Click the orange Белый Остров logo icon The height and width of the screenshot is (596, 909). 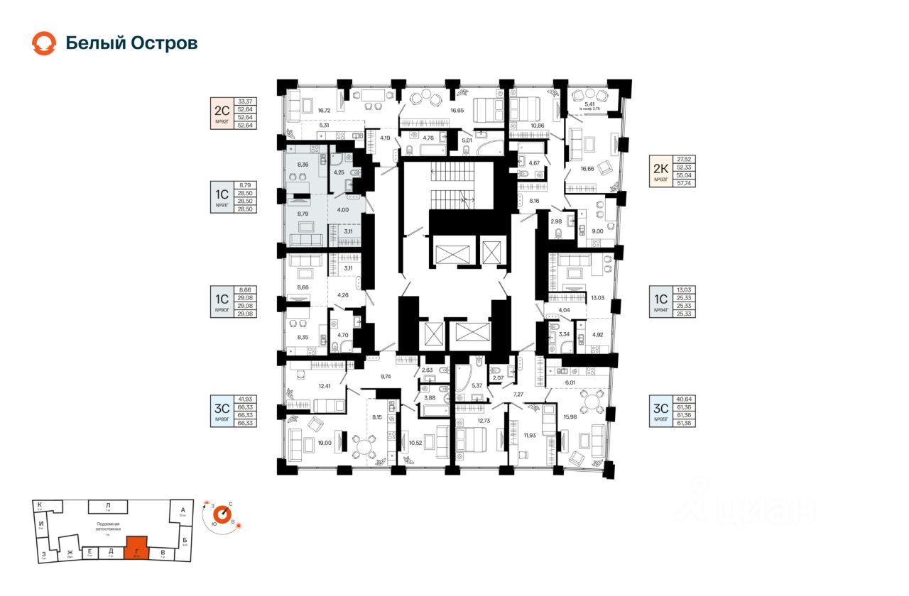43,43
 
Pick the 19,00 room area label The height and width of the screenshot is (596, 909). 325,443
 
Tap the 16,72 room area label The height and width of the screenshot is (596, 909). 325,110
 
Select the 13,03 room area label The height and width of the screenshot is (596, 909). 597,299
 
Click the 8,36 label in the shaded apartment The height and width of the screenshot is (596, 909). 303,165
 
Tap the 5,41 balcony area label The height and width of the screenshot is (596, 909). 589,104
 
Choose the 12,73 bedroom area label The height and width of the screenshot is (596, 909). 484,421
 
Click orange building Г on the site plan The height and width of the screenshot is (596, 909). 136,548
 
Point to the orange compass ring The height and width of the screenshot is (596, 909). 223,512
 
